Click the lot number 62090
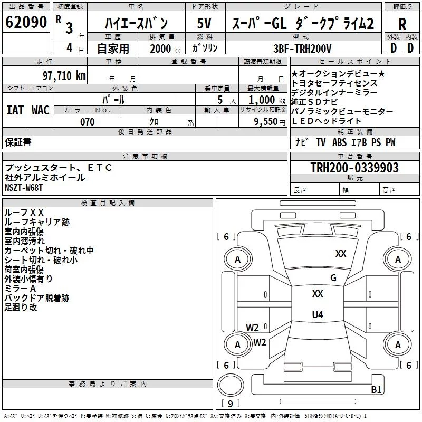pyautogui.click(x=26, y=22)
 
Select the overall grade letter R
pyautogui.click(x=402, y=24)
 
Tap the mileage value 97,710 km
pyautogui.click(x=64, y=76)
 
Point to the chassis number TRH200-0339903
pyautogui.click(x=354, y=168)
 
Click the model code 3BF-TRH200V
pyautogui.click(x=302, y=49)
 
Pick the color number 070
pyautogui.click(x=87, y=122)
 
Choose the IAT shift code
pyautogui.click(x=15, y=110)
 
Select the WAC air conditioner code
pyautogui.click(x=41, y=110)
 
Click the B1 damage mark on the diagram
pyautogui.click(x=376, y=389)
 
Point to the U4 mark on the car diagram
pyautogui.click(x=318, y=314)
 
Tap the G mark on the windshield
pyautogui.click(x=333, y=278)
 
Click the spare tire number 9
pyautogui.click(x=230, y=404)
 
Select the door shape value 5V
pyautogui.click(x=204, y=23)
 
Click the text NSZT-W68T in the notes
pyautogui.click(x=24, y=188)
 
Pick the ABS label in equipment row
pyautogui.click(x=339, y=142)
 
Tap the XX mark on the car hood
pyautogui.click(x=341, y=254)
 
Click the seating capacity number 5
pyautogui.click(x=220, y=100)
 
